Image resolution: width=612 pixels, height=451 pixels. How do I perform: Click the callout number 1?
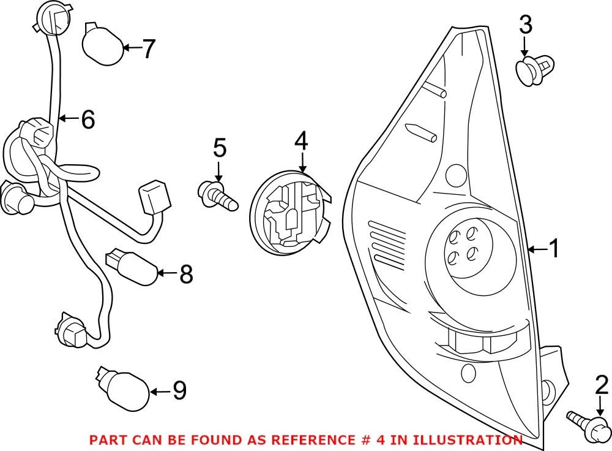coord(553,249)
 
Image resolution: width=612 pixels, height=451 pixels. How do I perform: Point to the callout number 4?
coord(300,142)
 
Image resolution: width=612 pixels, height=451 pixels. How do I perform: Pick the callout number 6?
coord(88,119)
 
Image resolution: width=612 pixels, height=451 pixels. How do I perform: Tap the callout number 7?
coord(149,48)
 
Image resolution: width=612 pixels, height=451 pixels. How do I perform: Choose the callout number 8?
coord(186,275)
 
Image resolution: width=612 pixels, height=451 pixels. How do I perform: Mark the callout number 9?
coord(179,390)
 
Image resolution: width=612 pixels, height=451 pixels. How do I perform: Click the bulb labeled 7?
coord(102,44)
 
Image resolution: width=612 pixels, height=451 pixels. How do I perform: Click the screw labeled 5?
coord(217,195)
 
